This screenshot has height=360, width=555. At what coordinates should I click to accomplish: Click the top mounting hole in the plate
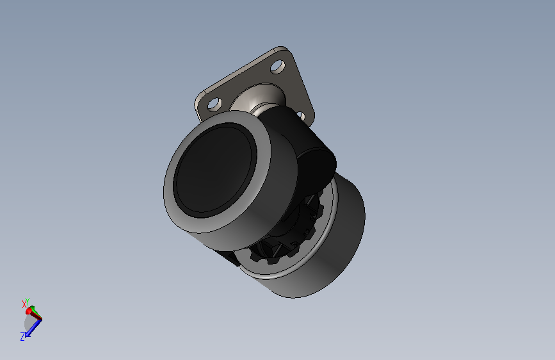click(278, 66)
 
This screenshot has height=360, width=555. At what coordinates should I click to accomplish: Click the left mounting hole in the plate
click(214, 104)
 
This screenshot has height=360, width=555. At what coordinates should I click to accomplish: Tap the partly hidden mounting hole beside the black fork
click(300, 115)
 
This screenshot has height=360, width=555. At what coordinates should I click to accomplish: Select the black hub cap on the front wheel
click(214, 170)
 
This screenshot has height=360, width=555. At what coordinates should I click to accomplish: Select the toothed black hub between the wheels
click(290, 234)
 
